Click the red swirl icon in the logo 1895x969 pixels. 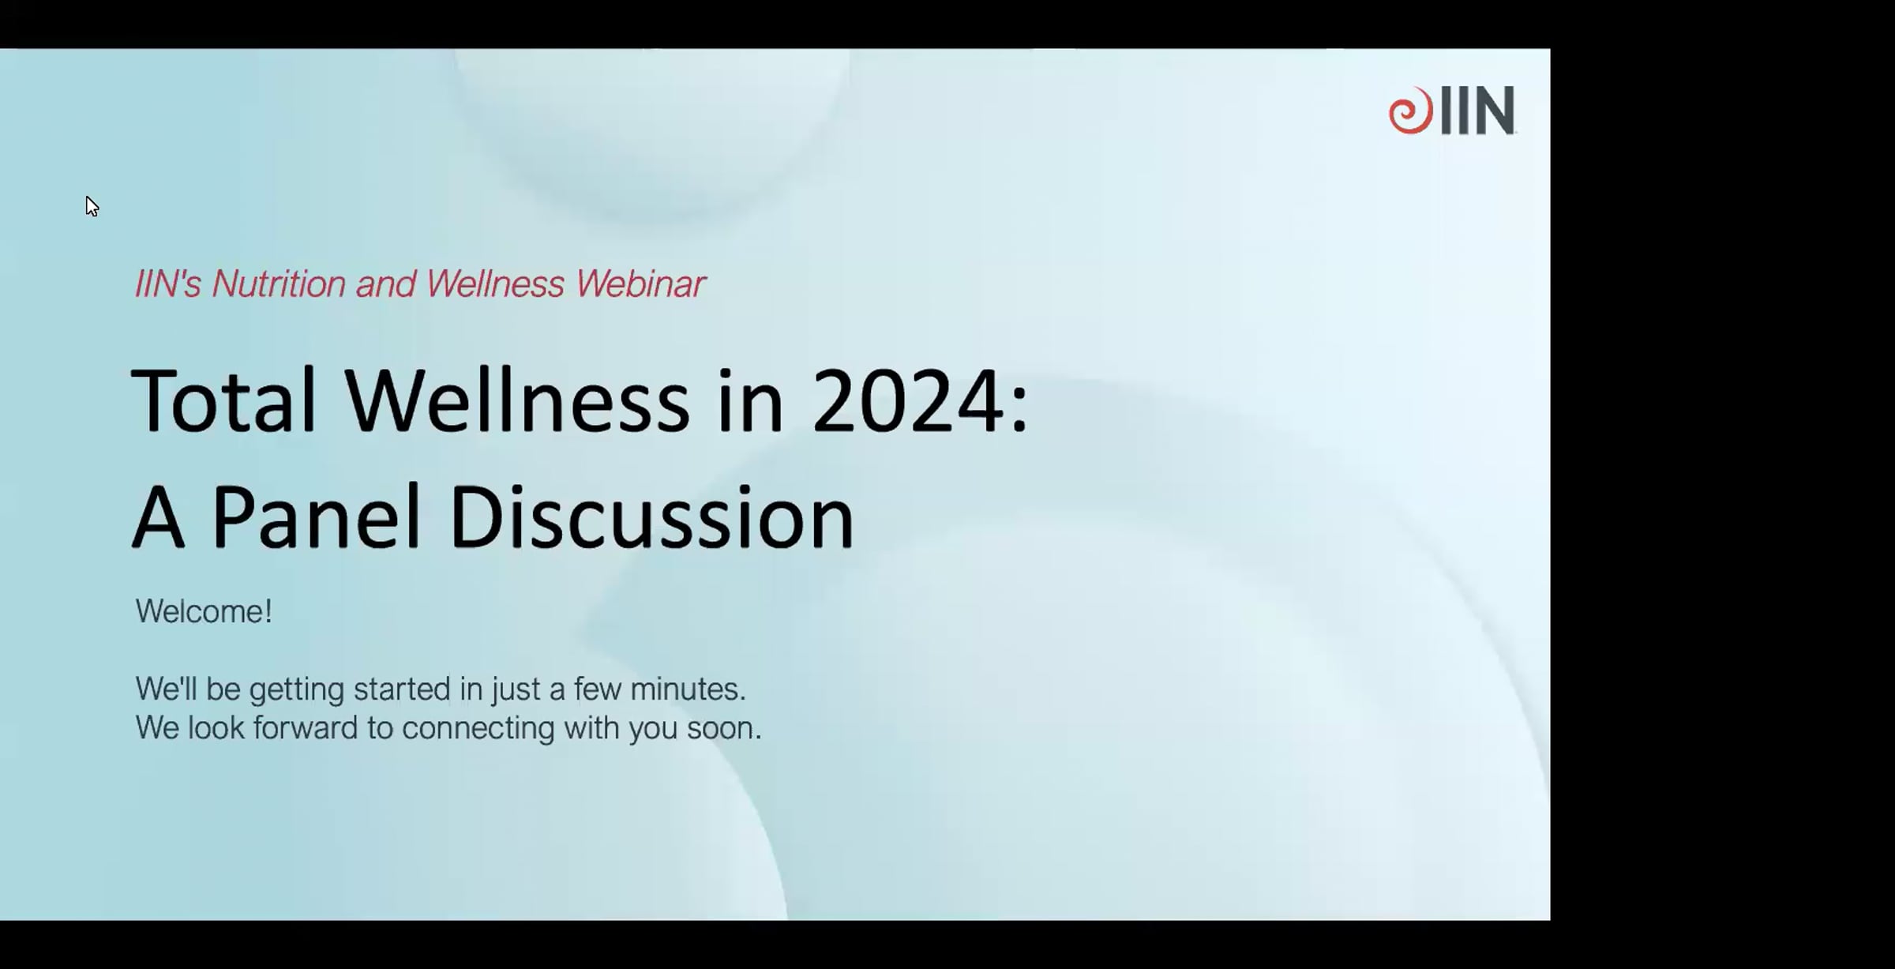pyautogui.click(x=1411, y=111)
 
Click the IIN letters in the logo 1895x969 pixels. pyautogui.click(x=1477, y=111)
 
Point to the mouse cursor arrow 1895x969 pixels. pyautogui.click(x=92, y=207)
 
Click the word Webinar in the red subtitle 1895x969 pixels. pyautogui.click(x=640, y=284)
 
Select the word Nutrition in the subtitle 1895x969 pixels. pyautogui.click(x=279, y=284)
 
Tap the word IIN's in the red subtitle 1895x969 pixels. pyautogui.click(x=168, y=284)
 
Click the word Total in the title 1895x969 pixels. pyautogui.click(x=223, y=400)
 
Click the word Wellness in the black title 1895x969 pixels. pyautogui.click(x=517, y=400)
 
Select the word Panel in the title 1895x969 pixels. pyautogui.click(x=316, y=517)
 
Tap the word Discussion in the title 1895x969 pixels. pyautogui.click(x=652, y=517)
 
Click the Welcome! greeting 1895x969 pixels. pyautogui.click(x=204, y=611)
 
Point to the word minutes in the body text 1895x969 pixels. pyautogui.click(x=688, y=689)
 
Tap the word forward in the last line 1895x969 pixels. pyautogui.click(x=306, y=728)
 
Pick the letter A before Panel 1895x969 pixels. pyautogui.click(x=158, y=517)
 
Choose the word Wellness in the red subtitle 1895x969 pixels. pyautogui.click(x=495, y=284)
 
